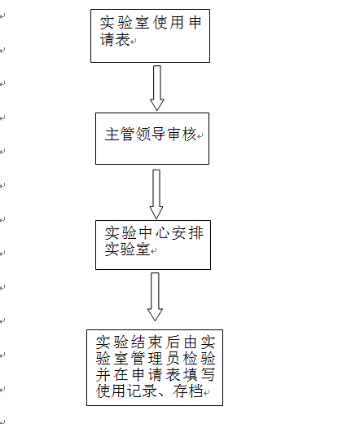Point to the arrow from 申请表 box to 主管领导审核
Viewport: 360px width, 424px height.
(x=157, y=88)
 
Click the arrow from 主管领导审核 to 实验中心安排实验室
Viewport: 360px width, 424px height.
(x=156, y=194)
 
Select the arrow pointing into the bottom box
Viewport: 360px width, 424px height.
(x=155, y=297)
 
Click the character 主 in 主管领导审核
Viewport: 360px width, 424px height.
(x=112, y=135)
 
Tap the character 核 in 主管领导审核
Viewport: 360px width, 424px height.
(x=190, y=135)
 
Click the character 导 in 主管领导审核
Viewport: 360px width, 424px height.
(x=158, y=135)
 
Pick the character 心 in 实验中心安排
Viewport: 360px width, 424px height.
(x=162, y=233)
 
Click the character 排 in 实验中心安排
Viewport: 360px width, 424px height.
(x=196, y=233)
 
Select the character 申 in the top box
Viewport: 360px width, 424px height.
(x=195, y=23)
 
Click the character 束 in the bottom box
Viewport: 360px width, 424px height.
(x=155, y=342)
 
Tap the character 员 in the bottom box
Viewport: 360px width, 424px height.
(x=173, y=359)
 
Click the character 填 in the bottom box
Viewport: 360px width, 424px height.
(x=191, y=375)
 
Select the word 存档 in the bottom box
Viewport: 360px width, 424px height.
(x=188, y=391)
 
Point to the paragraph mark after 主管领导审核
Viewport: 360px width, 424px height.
(x=200, y=136)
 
